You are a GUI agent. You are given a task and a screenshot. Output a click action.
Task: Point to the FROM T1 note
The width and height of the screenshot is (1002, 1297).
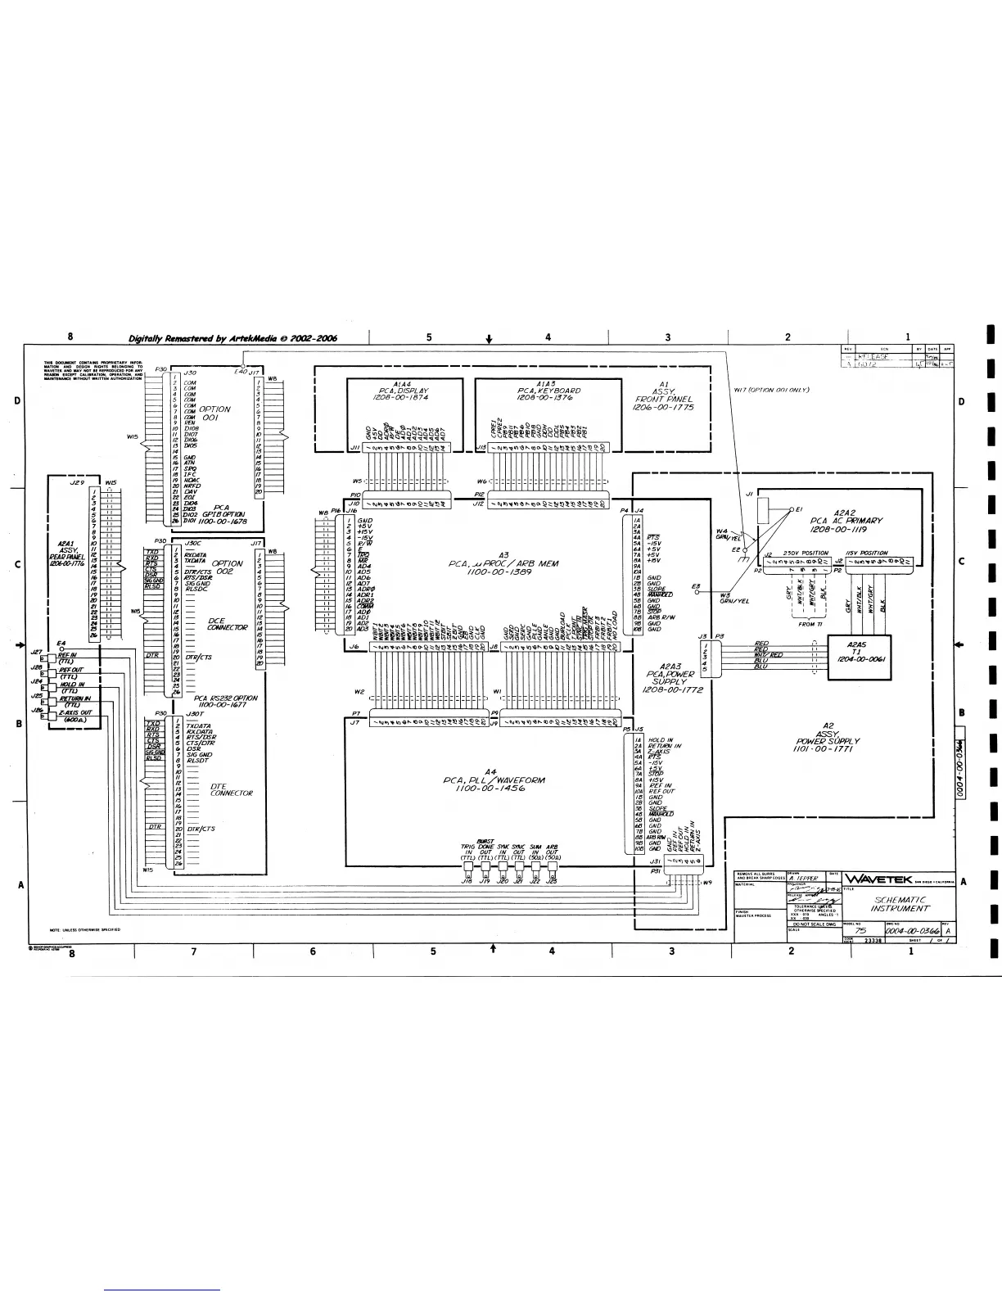tap(809, 624)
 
